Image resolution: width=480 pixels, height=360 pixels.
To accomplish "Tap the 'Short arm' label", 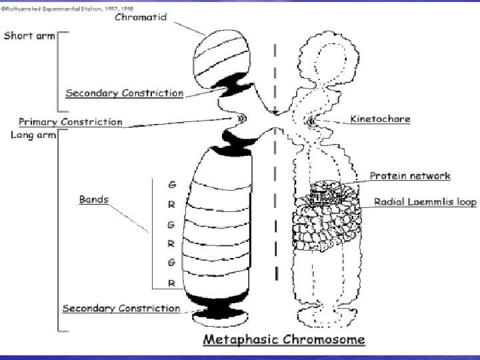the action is [x=30, y=35].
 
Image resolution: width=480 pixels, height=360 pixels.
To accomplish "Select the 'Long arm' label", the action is [x=27, y=136].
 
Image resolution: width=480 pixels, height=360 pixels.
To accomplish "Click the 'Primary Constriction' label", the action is [x=71, y=122].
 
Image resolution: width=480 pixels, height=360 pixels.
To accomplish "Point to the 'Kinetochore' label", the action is [x=379, y=119].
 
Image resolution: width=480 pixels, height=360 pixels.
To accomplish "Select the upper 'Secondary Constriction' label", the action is [x=124, y=93].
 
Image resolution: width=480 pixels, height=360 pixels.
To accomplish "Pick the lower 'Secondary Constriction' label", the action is [x=121, y=308].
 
